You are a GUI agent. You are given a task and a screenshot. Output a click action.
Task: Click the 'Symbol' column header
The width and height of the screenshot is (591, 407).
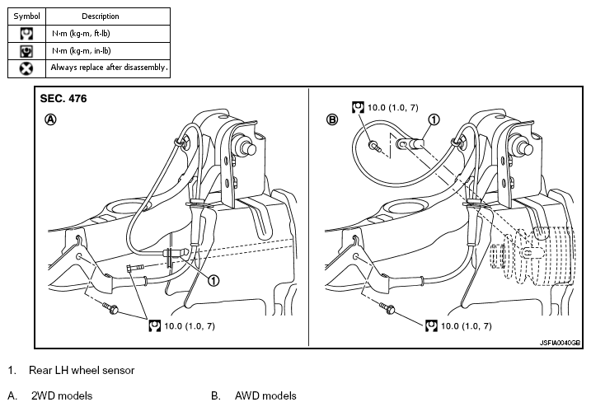coord(26,16)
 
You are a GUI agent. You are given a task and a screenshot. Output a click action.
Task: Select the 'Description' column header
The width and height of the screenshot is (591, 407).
coord(101,16)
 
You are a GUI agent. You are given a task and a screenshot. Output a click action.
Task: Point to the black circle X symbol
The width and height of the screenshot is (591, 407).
coord(26,68)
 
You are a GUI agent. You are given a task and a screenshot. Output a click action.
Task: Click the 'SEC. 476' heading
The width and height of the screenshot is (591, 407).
coord(63,98)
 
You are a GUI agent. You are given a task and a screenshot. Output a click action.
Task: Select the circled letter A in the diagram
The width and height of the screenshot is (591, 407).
coord(51,119)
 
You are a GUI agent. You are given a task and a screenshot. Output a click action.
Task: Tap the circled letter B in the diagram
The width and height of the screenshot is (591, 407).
coord(332,119)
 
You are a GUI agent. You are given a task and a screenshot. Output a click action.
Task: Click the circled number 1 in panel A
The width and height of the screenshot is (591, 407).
coord(213,281)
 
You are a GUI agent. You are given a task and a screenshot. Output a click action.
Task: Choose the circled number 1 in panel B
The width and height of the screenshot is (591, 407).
coord(434,119)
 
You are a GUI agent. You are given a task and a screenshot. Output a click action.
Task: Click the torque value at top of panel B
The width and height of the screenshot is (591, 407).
coord(392,107)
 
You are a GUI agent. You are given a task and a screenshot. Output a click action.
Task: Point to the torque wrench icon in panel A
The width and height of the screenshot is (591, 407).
coord(154,326)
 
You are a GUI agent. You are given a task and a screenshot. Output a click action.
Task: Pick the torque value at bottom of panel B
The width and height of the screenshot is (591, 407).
coord(467,326)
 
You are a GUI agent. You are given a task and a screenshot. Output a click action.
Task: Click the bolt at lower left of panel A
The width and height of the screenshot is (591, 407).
coord(110,308)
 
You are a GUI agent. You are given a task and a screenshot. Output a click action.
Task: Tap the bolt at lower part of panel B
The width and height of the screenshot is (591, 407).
coord(387,308)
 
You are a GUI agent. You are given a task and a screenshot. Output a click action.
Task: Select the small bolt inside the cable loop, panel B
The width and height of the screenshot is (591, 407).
coord(375,146)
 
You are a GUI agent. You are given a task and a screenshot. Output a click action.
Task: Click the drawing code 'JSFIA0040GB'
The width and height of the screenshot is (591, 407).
coord(561,343)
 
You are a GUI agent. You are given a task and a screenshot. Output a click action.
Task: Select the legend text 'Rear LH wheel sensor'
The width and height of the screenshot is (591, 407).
coord(82,371)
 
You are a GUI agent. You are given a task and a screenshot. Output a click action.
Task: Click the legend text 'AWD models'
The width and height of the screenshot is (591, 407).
coord(265,396)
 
